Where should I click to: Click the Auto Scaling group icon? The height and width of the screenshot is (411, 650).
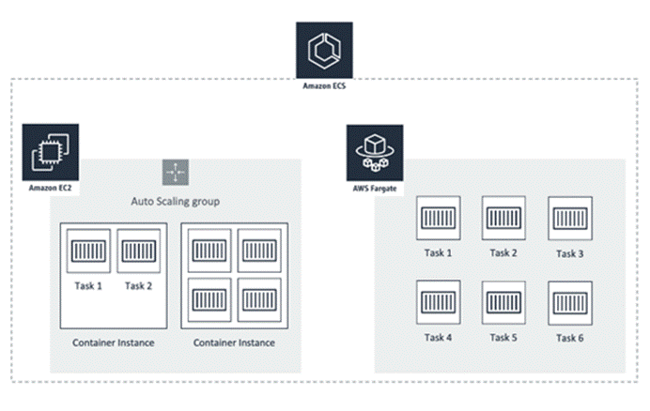pyautogui.click(x=175, y=174)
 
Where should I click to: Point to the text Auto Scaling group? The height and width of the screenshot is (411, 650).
pyautogui.click(x=175, y=202)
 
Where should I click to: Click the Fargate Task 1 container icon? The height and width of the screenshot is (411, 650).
pyautogui.click(x=438, y=219)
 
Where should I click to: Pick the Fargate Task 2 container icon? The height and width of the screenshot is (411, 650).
pyautogui.click(x=503, y=218)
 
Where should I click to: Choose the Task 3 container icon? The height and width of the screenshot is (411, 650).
pyautogui.click(x=569, y=219)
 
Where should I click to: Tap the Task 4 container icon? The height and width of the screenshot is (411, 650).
pyautogui.click(x=438, y=303)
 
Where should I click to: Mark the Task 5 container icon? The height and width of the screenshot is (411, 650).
pyautogui.click(x=503, y=303)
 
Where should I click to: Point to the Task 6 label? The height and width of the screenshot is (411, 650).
pyautogui.click(x=569, y=338)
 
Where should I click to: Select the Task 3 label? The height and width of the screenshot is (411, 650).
pyautogui.click(x=569, y=253)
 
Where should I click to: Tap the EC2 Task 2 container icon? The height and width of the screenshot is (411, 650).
pyautogui.click(x=138, y=251)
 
